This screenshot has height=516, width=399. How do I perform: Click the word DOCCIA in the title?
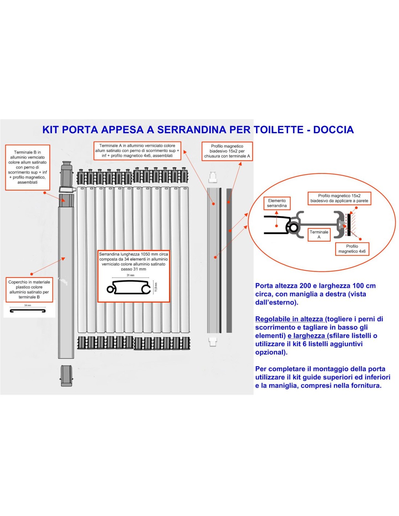click(333, 130)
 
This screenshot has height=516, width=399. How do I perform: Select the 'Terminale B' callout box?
click(28, 167)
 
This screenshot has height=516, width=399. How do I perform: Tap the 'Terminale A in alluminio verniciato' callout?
click(137, 151)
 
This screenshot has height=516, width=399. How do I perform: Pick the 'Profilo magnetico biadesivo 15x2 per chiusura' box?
click(227, 151)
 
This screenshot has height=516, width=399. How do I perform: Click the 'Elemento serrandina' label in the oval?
click(277, 203)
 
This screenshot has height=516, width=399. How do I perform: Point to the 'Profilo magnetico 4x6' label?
click(352, 249)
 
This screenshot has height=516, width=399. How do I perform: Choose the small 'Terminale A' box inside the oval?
click(319, 234)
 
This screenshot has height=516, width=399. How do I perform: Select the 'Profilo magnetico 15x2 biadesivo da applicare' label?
click(339, 198)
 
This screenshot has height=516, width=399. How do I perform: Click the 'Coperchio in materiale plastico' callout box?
click(29, 290)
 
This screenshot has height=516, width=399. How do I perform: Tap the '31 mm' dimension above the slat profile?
click(131, 275)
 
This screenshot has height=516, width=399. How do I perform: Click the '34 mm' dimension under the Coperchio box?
click(28, 306)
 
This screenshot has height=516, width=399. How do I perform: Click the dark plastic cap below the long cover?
click(66, 376)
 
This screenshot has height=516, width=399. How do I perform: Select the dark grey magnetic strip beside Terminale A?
click(229, 260)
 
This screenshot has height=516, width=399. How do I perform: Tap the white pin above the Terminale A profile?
click(213, 177)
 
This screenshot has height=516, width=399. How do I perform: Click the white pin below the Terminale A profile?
click(213, 341)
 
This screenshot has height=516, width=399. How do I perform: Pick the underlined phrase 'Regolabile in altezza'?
click(289, 319)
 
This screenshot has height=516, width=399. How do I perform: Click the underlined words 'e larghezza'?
click(306, 336)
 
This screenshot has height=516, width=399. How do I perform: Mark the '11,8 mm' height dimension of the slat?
click(156, 287)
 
